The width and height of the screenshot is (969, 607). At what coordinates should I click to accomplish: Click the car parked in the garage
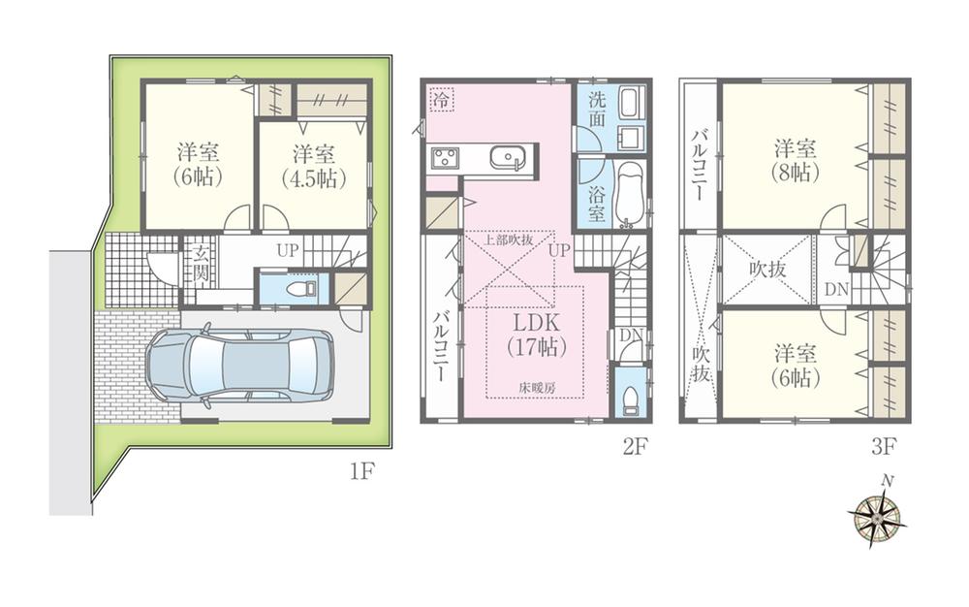[238, 367]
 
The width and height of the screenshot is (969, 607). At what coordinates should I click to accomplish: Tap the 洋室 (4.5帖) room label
[314, 165]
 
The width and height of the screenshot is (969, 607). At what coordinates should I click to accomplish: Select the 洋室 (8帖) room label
[794, 161]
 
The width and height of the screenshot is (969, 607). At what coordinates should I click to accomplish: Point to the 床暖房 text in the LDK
[534, 386]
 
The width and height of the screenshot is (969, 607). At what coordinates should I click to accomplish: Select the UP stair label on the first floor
[288, 250]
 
